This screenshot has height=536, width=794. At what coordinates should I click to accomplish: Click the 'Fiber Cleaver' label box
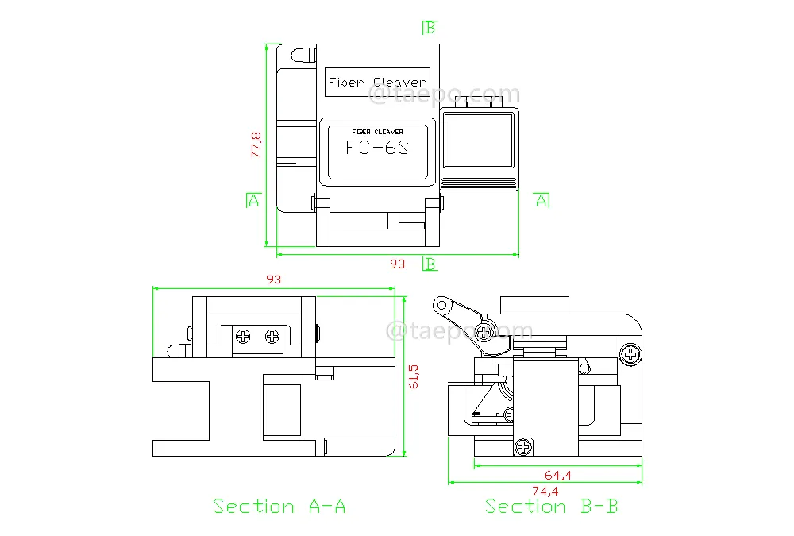(x=377, y=82)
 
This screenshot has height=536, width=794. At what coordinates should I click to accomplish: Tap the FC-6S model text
(x=377, y=148)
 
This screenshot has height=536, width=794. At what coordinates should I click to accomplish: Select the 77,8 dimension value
(x=256, y=145)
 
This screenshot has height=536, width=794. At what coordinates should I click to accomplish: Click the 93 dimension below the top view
(x=398, y=264)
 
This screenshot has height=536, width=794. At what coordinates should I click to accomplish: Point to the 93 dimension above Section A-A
(x=273, y=280)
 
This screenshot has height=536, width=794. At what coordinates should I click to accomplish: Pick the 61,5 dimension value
(x=414, y=376)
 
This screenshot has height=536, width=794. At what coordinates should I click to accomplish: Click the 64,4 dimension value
(x=558, y=475)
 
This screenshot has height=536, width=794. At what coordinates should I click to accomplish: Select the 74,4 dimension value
(x=545, y=491)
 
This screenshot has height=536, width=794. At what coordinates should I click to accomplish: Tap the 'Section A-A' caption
(x=279, y=506)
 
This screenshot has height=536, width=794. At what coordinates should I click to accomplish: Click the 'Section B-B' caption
(x=552, y=506)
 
